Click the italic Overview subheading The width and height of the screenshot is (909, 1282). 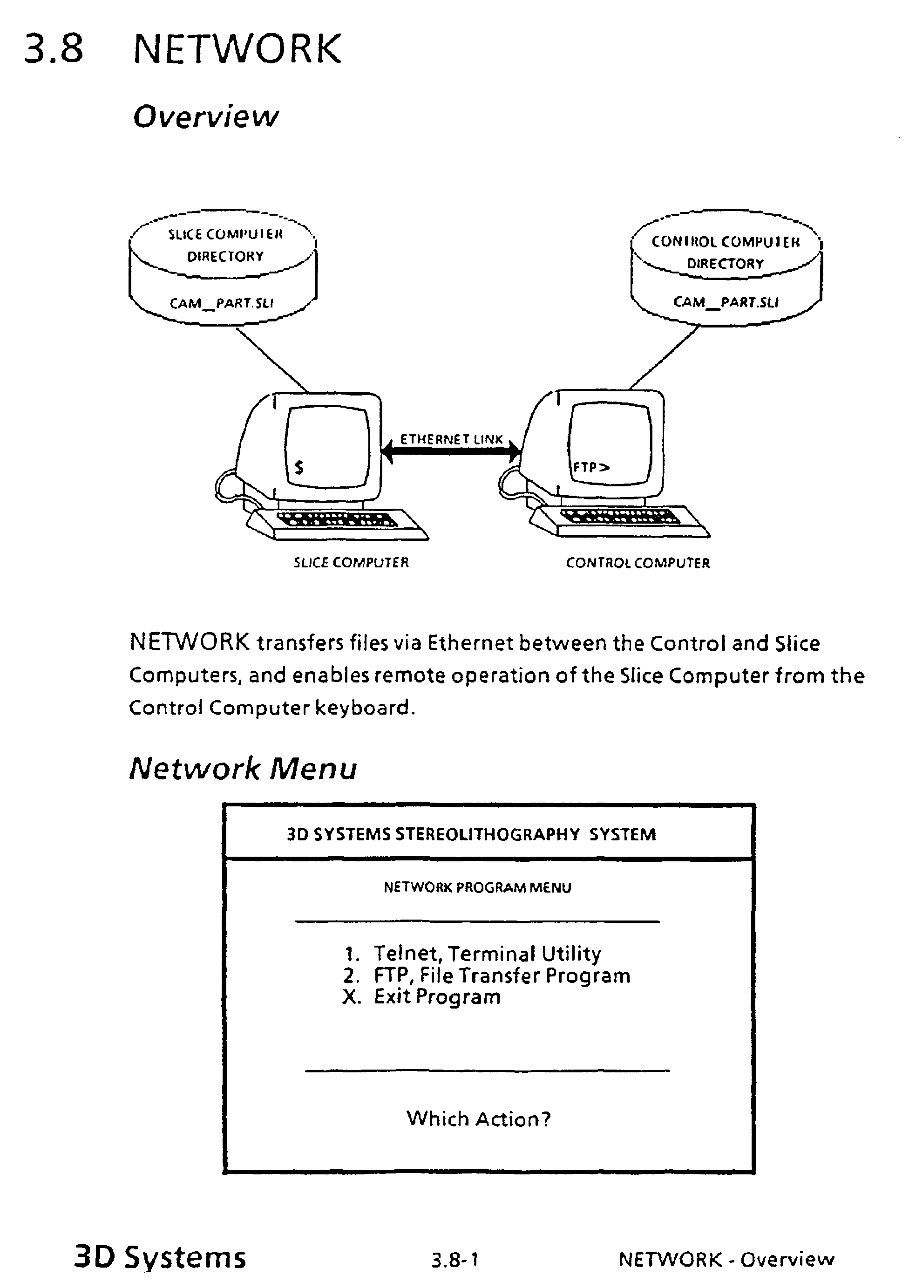tap(205, 116)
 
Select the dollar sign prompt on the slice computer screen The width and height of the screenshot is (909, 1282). tap(299, 467)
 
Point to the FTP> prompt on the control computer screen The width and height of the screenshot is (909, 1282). tap(590, 467)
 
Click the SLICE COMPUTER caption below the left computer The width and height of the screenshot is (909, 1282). tap(351, 563)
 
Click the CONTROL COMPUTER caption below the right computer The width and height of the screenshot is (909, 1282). tap(638, 563)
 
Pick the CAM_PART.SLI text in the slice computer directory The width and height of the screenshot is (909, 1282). tap(222, 303)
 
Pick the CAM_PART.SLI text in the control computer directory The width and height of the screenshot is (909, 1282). tap(726, 302)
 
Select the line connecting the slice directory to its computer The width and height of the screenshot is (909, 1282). tap(271, 360)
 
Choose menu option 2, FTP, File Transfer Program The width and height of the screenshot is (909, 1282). tap(487, 976)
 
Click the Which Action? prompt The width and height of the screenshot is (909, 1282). tap(479, 1119)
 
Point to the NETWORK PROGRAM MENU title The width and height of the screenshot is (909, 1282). tap(477, 888)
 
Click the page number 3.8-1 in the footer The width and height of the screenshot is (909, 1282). tap(454, 1260)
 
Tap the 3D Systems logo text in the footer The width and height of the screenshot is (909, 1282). tap(160, 1257)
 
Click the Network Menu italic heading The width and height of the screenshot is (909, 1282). tap(243, 769)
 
